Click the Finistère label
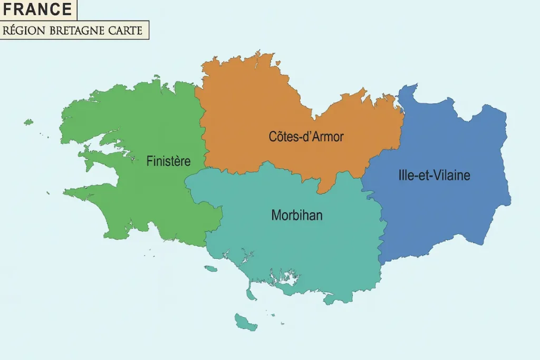[x=168, y=161]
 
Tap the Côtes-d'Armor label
[x=306, y=137]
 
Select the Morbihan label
[x=297, y=215]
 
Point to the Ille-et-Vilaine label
[x=434, y=176]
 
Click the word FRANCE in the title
[x=37, y=9]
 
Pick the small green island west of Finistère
[x=28, y=122]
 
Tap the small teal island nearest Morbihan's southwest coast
[x=211, y=269]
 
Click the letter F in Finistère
[x=149, y=161]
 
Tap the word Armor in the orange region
[x=326, y=137]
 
